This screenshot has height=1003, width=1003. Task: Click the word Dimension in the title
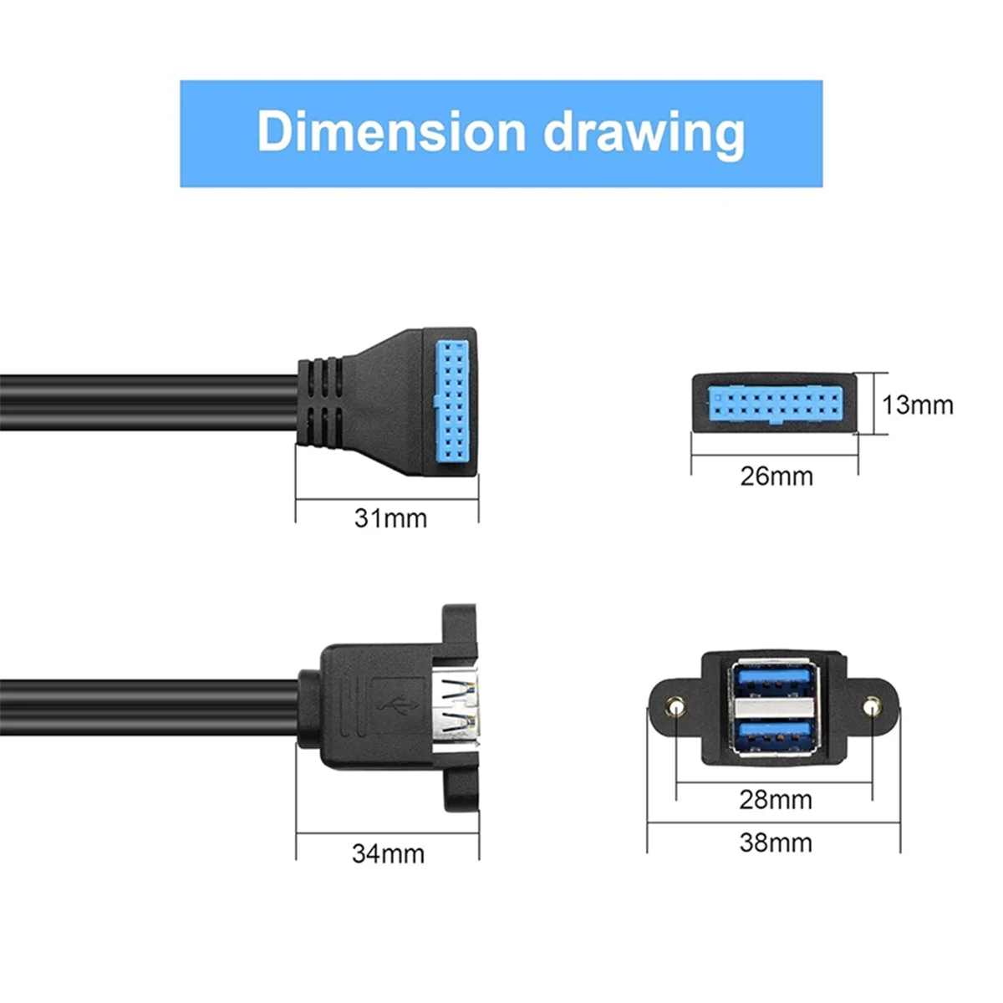[x=391, y=132]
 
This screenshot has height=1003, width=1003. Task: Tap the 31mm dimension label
[x=390, y=518]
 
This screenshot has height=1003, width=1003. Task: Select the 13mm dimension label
[x=917, y=405]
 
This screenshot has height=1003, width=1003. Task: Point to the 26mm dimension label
[x=776, y=476]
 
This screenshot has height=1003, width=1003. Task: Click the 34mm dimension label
[x=388, y=854]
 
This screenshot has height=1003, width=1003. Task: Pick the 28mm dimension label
[x=775, y=800]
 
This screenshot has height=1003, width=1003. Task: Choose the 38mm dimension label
[x=775, y=843]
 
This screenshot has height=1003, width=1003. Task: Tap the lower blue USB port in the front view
[x=774, y=735]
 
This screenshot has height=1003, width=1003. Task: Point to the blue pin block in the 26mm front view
[x=774, y=405]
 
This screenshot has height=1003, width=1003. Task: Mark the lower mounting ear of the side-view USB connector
[x=460, y=790]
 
